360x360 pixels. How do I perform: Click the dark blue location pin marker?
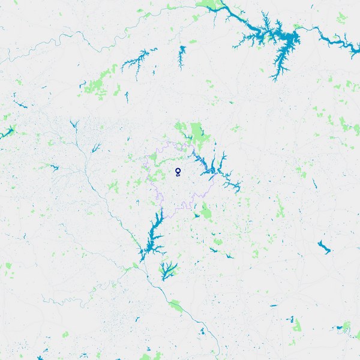point(178,172)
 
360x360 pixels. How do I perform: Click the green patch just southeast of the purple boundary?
point(207,212)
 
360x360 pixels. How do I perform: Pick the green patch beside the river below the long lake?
point(176,306)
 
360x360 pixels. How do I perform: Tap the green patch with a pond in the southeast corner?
point(344,327)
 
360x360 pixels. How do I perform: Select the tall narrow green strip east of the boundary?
point(280,207)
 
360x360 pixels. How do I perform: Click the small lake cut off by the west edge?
point(7,132)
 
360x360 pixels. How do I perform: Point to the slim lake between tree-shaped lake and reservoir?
point(182,57)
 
